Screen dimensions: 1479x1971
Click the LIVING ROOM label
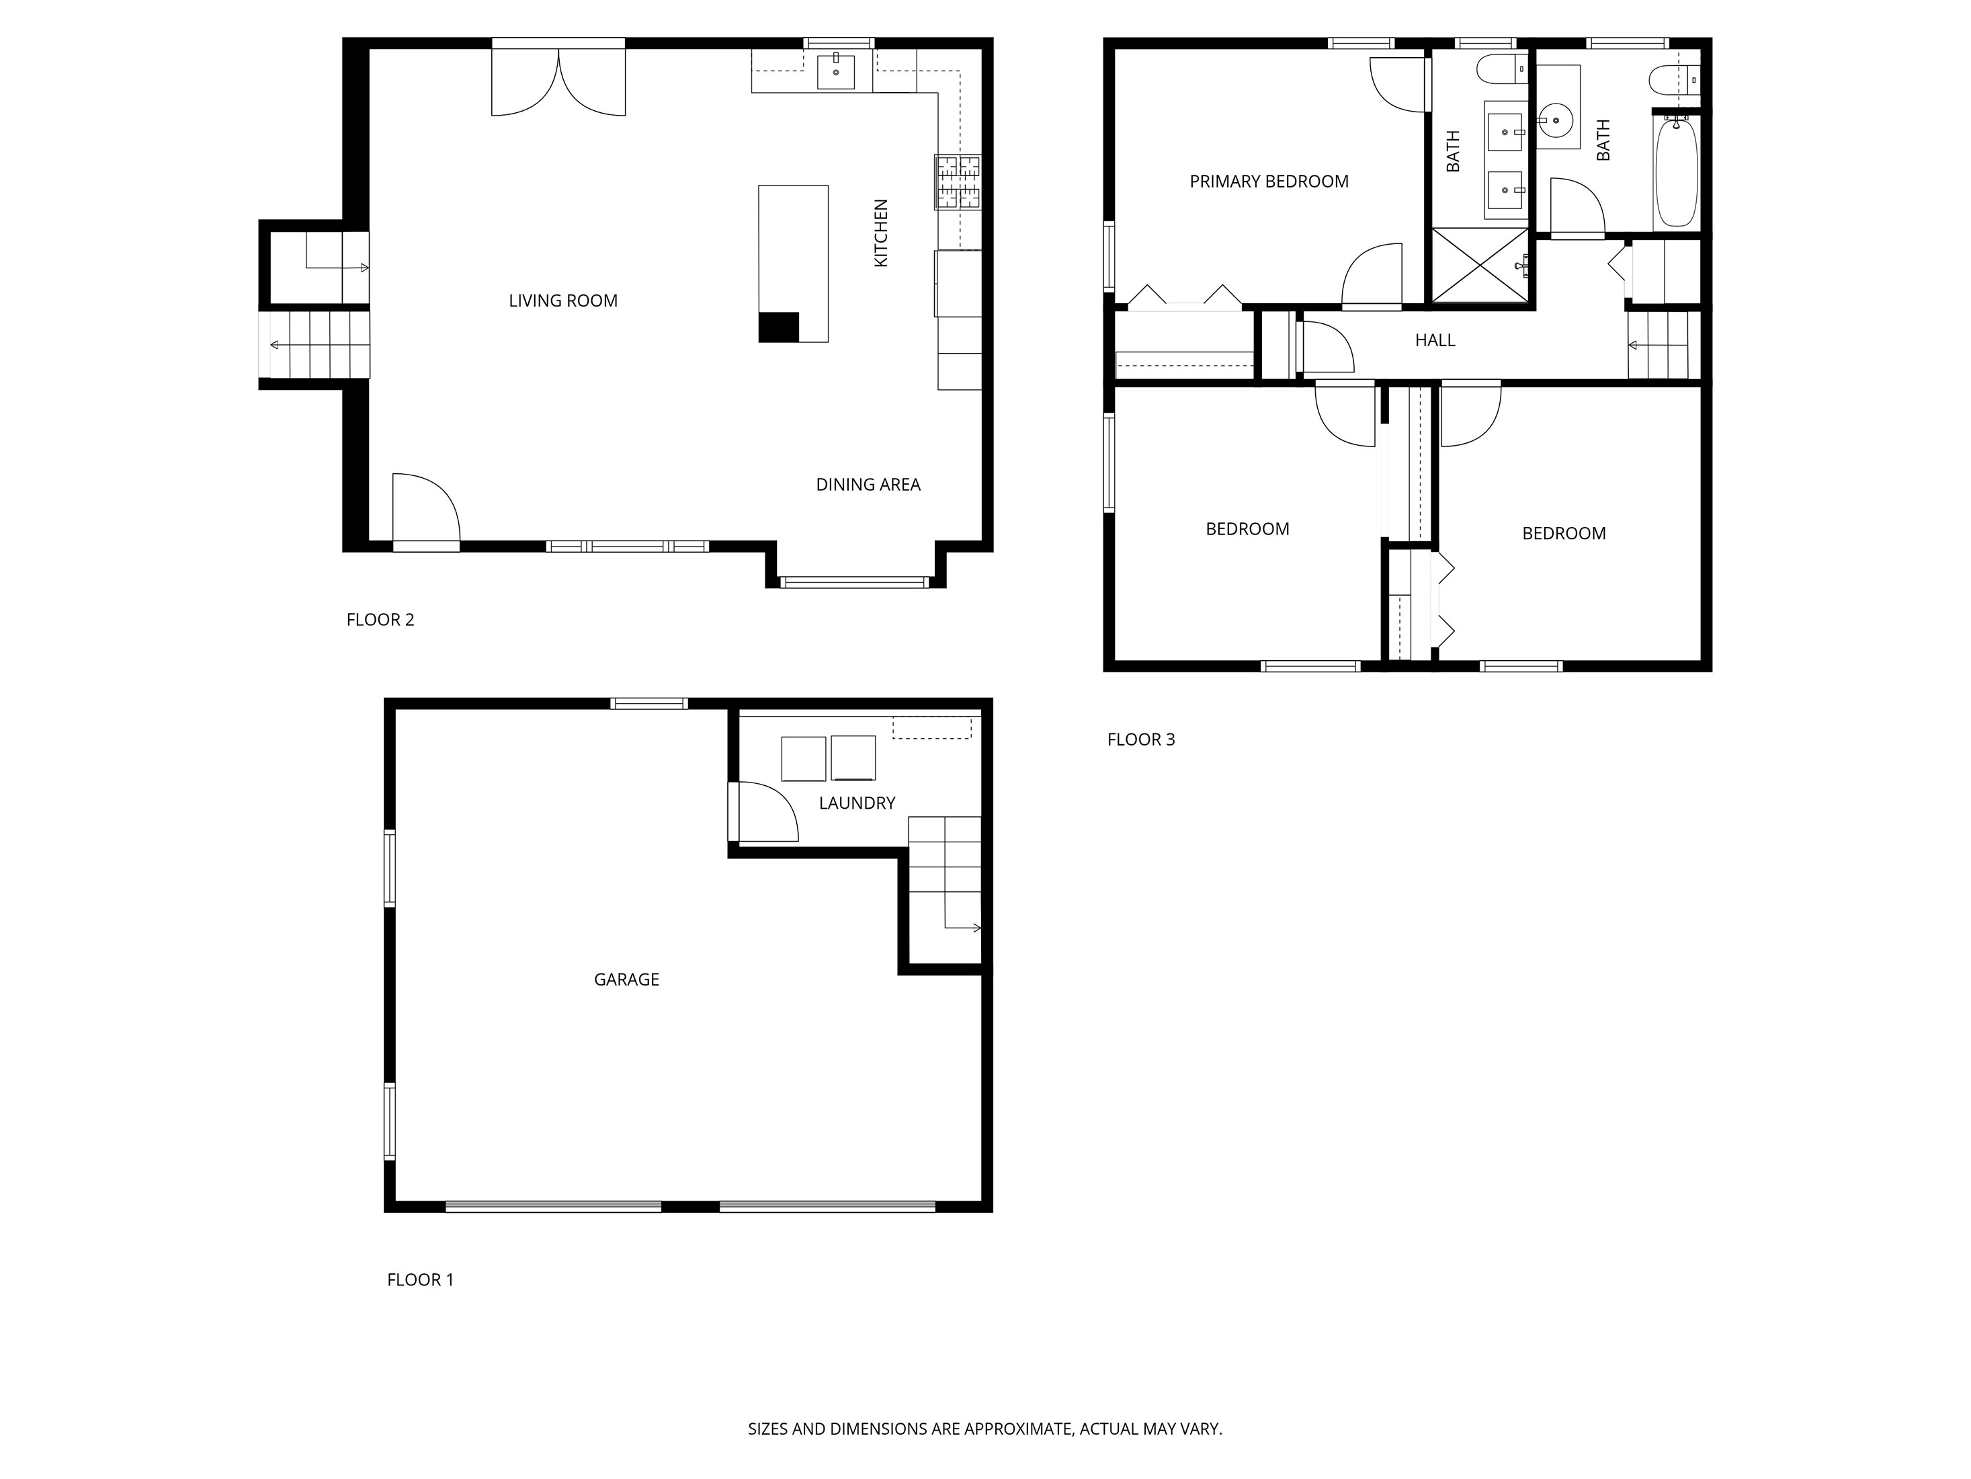[x=562, y=301]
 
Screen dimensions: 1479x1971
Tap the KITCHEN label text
[x=880, y=233]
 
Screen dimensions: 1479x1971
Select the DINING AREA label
[x=868, y=484]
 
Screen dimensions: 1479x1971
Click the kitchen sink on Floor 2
[x=836, y=71]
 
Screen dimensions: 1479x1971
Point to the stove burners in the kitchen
[x=957, y=183]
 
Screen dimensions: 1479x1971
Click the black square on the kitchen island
[x=778, y=327]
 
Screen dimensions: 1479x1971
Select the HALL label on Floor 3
[x=1435, y=339]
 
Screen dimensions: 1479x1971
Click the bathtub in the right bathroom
[x=1676, y=173]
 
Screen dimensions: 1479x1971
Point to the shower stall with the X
[x=1479, y=265]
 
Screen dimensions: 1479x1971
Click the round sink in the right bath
[x=1556, y=118]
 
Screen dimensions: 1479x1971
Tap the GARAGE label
[x=626, y=979]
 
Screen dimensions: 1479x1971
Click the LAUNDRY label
[x=856, y=802]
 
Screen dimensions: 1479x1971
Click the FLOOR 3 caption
[x=1140, y=739]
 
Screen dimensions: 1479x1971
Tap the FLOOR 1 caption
[x=420, y=1279]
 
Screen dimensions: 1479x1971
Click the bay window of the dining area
[x=855, y=582]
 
